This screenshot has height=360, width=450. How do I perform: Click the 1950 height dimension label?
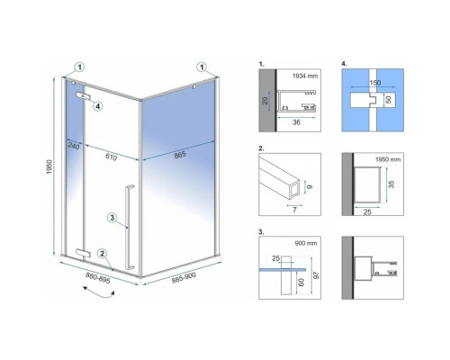point(49,167)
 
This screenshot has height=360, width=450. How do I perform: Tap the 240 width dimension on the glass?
point(74,146)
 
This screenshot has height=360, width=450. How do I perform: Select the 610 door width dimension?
point(111,157)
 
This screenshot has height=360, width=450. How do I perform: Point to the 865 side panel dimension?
point(180,155)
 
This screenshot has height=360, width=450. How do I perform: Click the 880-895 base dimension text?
point(98,277)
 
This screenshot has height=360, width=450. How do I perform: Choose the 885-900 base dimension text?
point(184,278)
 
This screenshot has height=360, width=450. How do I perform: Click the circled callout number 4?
point(98,106)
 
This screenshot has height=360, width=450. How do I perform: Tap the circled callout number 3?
point(112,218)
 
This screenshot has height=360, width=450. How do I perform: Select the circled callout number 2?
point(103,254)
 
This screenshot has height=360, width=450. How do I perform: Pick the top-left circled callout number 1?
point(79,67)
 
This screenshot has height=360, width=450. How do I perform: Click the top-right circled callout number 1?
point(202,67)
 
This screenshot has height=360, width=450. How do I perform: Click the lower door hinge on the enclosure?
point(83,253)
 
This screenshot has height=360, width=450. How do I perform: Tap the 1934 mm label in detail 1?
point(305,76)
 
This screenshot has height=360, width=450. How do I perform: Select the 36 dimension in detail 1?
point(296,122)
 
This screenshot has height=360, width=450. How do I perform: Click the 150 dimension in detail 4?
point(375,83)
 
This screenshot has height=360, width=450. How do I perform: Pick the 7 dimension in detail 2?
point(294,210)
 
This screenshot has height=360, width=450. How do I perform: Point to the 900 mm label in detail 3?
point(306,243)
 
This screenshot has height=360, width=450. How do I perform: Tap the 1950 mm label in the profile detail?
point(388,159)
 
